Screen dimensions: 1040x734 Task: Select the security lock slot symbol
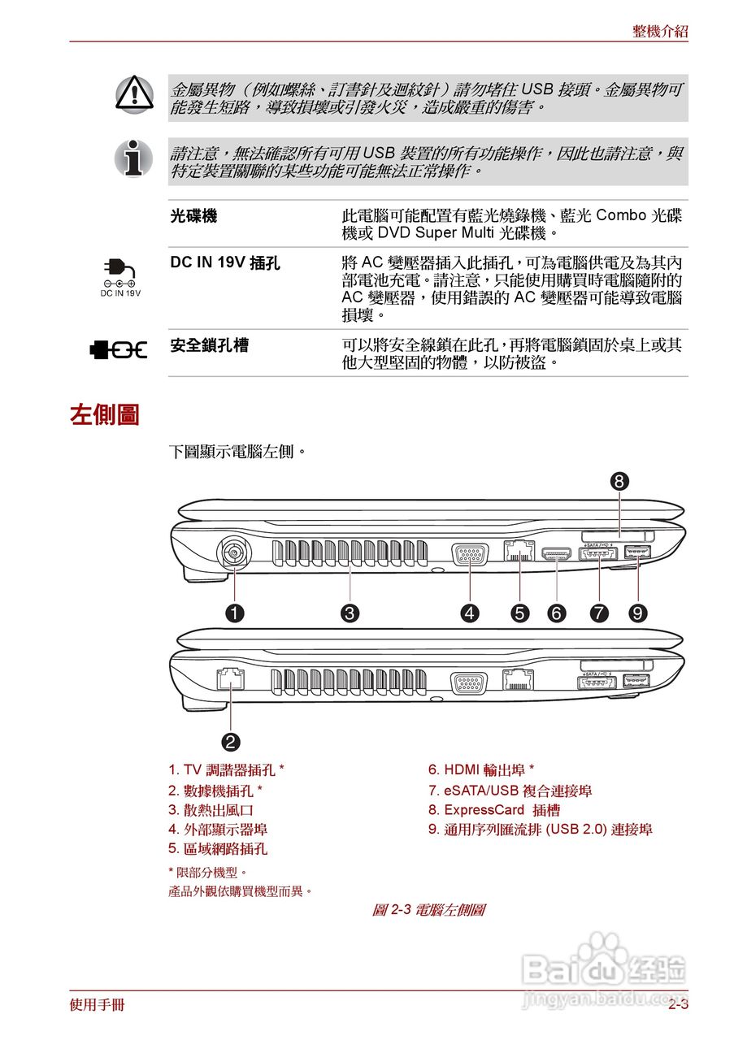click(119, 349)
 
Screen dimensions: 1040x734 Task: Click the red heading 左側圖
click(105, 414)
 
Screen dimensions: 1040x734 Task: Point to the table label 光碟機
click(193, 216)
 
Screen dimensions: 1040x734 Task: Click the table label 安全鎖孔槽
click(210, 345)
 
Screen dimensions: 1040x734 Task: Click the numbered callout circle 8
click(619, 481)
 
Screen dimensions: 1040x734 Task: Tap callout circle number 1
click(235, 613)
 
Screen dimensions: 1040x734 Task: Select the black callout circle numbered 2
click(231, 740)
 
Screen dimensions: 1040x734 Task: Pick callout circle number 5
click(519, 613)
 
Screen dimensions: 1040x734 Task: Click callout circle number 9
click(638, 613)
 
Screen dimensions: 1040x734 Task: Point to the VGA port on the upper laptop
click(470, 556)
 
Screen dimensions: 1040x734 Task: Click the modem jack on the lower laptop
click(230, 678)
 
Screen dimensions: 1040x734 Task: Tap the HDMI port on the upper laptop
click(557, 556)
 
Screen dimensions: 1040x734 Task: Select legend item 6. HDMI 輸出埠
click(481, 769)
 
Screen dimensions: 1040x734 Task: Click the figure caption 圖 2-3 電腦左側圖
click(428, 910)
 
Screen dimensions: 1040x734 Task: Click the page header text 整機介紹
click(660, 32)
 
